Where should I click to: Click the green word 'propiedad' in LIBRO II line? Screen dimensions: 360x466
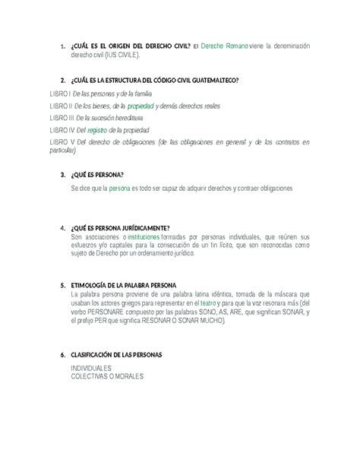pyautogui.click(x=142, y=106)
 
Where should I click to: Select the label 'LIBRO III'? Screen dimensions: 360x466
pyautogui.click(x=61, y=118)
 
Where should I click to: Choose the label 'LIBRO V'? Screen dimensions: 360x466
pyautogui.click(x=61, y=142)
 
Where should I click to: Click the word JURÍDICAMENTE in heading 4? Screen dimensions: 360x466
pyautogui.click(x=137, y=227)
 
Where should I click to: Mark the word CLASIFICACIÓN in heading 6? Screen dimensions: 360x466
pyautogui.click(x=96, y=354)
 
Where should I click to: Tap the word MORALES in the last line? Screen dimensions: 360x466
pyautogui.click(x=127, y=376)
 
